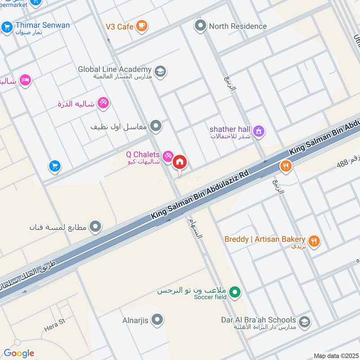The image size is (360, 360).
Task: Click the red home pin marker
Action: pyautogui.click(x=180, y=162)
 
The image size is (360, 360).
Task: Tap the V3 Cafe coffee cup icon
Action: pyautogui.click(x=142, y=26)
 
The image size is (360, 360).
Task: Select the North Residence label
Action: pyautogui.click(x=238, y=26)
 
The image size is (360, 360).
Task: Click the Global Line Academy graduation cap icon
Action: pyautogui.click(x=160, y=71)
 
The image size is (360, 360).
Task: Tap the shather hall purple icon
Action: pyautogui.click(x=258, y=131)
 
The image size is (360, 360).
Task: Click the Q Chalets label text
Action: pyautogui.click(x=143, y=155)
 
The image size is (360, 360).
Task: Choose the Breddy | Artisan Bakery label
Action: pyautogui.click(x=265, y=239)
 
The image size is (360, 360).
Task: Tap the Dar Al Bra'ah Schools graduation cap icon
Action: pyautogui.click(x=304, y=322)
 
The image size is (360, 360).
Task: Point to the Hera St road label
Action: pyautogui.click(x=55, y=325)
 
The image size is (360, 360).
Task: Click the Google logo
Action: pyautogui.click(x=19, y=353)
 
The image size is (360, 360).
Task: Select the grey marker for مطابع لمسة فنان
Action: pyautogui.click(x=95, y=227)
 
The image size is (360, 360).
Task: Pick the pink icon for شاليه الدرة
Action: pyautogui.click(x=103, y=103)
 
